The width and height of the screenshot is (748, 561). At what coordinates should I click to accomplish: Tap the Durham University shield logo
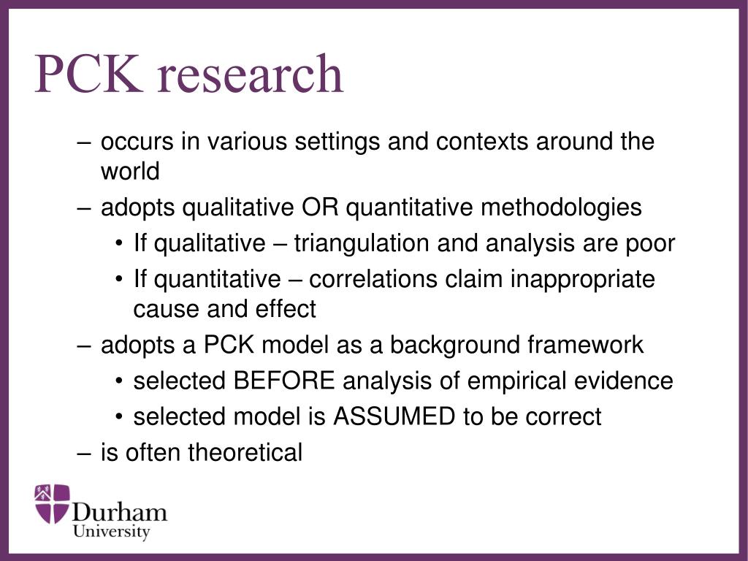pos(52,503)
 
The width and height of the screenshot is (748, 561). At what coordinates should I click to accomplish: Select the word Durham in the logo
pos(120,511)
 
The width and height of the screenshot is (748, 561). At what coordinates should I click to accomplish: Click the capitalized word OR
pos(320,207)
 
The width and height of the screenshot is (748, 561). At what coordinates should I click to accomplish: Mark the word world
pos(130,172)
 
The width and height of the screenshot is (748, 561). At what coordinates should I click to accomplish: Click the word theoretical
pos(245,453)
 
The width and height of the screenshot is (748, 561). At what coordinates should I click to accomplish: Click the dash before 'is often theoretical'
pos(84,453)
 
